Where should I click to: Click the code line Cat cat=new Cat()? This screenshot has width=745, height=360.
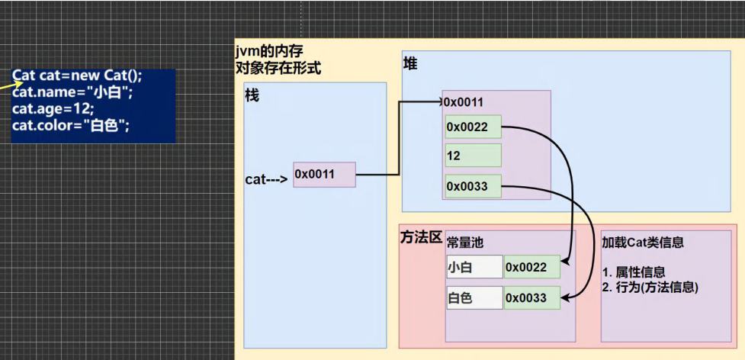77,77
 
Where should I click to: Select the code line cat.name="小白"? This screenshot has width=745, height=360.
72,92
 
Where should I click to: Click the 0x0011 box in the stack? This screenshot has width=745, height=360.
324,175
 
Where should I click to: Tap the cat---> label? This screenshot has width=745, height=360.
265,180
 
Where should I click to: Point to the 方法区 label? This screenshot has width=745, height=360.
421,237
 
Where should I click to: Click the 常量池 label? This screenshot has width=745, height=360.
465,243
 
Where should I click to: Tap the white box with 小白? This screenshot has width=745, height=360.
474,267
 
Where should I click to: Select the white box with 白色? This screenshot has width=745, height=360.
474,297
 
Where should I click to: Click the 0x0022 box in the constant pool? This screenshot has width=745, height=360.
531,267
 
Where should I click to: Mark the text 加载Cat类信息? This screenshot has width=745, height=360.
642,243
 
